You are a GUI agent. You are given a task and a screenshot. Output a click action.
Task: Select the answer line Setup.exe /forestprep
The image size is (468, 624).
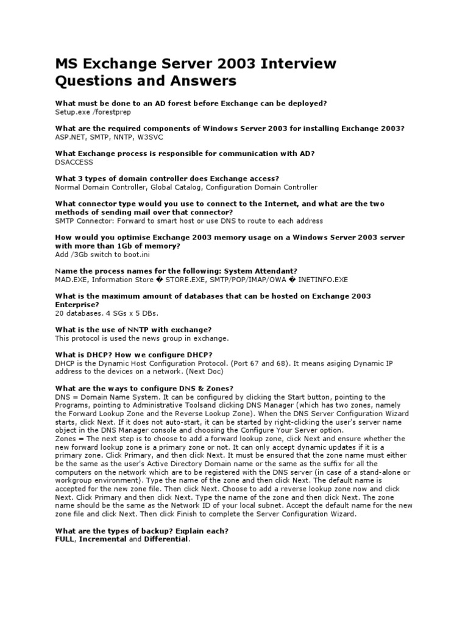(93, 112)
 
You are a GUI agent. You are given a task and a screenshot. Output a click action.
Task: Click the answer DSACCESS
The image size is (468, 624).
(75, 162)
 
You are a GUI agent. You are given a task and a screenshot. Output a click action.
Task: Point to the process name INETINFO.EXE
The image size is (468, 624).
(322, 279)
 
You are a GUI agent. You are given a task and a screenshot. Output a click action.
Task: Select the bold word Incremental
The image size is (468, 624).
(103, 539)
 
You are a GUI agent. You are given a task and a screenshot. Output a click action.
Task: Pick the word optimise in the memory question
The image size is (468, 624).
(119, 237)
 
